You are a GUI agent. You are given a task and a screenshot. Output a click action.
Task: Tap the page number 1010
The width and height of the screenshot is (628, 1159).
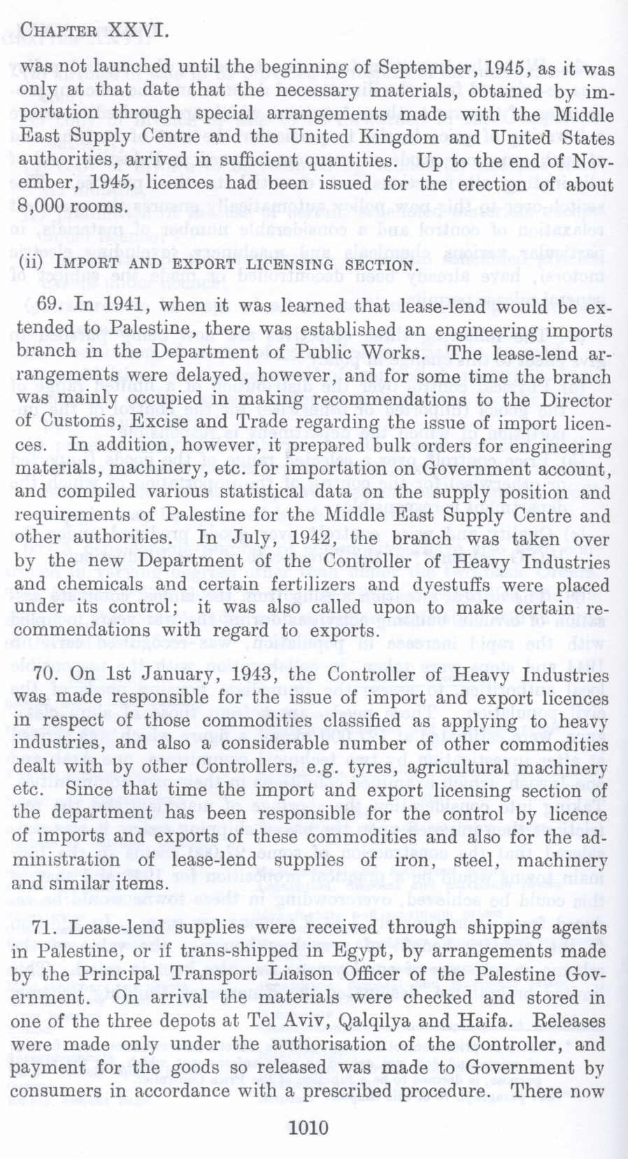pos(308,1127)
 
